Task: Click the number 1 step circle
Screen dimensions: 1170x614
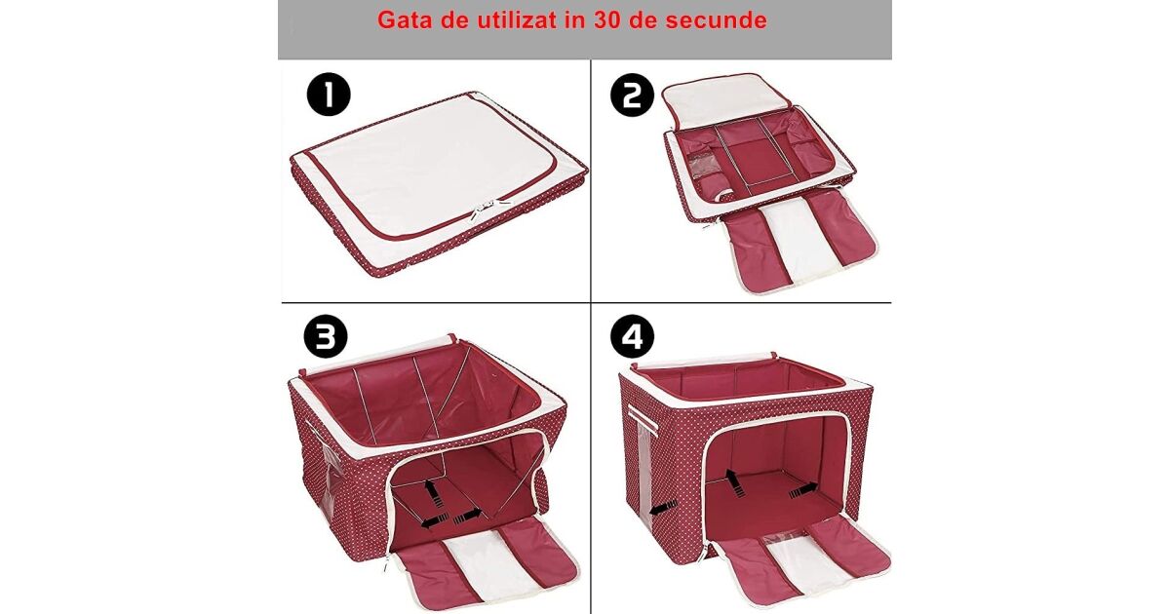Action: click(x=329, y=94)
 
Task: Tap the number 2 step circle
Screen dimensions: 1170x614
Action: click(x=632, y=95)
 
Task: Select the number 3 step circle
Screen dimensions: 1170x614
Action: click(x=326, y=336)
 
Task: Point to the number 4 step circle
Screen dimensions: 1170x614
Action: click(x=632, y=336)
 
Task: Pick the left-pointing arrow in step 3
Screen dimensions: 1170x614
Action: click(x=435, y=521)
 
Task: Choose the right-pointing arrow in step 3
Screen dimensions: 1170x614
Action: click(x=468, y=517)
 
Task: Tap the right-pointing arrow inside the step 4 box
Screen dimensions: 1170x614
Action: click(x=803, y=490)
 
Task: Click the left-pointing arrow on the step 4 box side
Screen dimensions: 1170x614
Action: click(x=663, y=508)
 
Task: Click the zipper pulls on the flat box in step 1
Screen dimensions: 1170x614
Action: click(x=481, y=210)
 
